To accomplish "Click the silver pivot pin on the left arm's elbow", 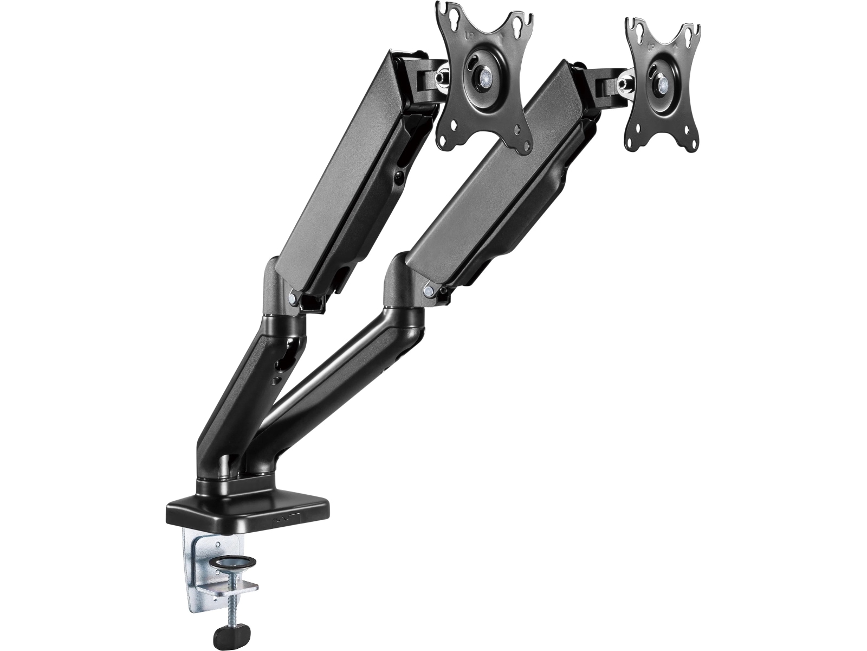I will coord(293,296).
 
